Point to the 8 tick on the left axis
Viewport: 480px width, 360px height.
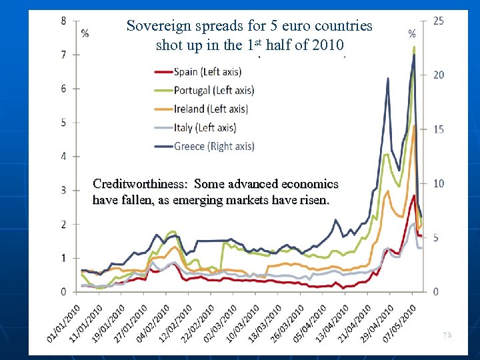(63, 21)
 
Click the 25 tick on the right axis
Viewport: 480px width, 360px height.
(438, 21)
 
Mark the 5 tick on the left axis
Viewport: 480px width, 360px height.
(63, 122)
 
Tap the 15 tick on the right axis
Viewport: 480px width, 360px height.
(438, 129)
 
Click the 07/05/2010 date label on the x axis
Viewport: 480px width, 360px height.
(400, 323)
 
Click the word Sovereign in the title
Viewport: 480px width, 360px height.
(157, 26)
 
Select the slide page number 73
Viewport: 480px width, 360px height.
(447, 335)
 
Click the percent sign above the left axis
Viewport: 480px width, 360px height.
(85, 33)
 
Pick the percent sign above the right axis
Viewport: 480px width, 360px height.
(412, 33)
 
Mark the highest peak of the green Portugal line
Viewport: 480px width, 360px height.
(414, 47)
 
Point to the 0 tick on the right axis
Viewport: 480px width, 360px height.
(435, 292)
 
